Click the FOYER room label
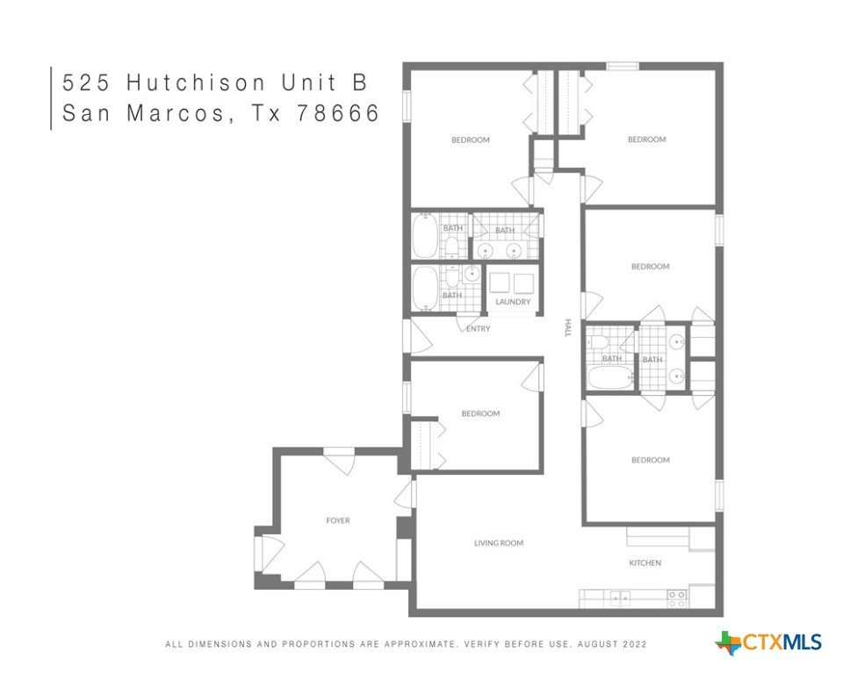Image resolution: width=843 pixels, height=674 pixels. pos(337,520)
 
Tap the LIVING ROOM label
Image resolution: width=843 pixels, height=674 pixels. pos(499,543)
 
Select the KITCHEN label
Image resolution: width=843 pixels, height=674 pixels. pos(645,563)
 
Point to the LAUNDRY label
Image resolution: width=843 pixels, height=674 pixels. pos(512,302)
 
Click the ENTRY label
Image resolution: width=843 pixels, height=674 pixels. pos(478,328)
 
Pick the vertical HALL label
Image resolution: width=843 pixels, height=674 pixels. pos(567,327)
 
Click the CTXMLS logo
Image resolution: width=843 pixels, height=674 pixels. pos(768,642)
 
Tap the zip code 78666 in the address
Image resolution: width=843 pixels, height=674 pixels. pos(338,113)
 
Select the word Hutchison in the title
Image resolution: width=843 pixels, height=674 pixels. pos(196,82)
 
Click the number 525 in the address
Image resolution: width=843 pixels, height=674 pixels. pos(86,82)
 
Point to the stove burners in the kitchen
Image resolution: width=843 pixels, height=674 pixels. pos(677,599)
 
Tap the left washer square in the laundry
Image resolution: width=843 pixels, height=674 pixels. pos(499,283)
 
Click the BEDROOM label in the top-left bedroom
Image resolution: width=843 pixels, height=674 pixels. pos(471,140)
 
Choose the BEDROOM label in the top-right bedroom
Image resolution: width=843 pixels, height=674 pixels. pos(647,140)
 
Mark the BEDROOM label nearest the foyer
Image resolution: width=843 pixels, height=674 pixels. pos(480,413)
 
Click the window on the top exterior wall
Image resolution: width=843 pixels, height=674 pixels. pos(623,66)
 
